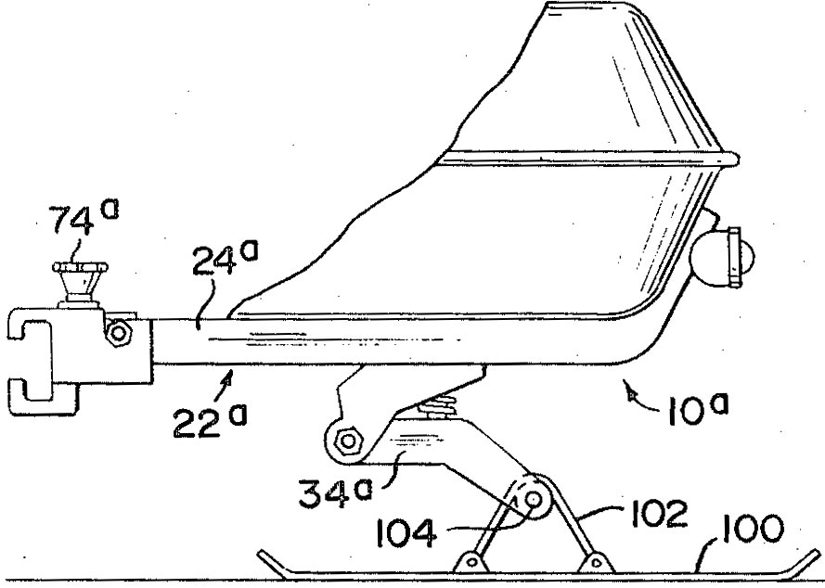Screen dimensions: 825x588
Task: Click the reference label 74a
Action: [84, 217]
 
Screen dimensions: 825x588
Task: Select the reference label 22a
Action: [210, 420]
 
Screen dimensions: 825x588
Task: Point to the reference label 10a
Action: [697, 409]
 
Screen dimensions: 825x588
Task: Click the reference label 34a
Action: [335, 492]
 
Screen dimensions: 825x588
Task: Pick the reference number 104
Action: [406, 532]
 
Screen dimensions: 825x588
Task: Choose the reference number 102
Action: [659, 513]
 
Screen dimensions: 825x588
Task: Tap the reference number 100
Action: [753, 529]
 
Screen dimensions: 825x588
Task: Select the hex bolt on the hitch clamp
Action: [119, 332]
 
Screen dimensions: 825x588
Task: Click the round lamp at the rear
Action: [722, 258]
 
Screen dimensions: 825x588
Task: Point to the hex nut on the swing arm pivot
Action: [347, 440]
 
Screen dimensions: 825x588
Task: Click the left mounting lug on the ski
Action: [471, 562]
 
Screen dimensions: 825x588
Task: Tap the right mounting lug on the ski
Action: [596, 562]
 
